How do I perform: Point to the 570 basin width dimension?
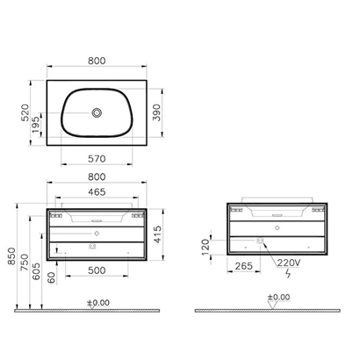[97, 159]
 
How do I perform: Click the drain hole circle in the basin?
[97, 112]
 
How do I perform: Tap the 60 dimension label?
[53, 277]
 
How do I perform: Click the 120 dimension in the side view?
[206, 245]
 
